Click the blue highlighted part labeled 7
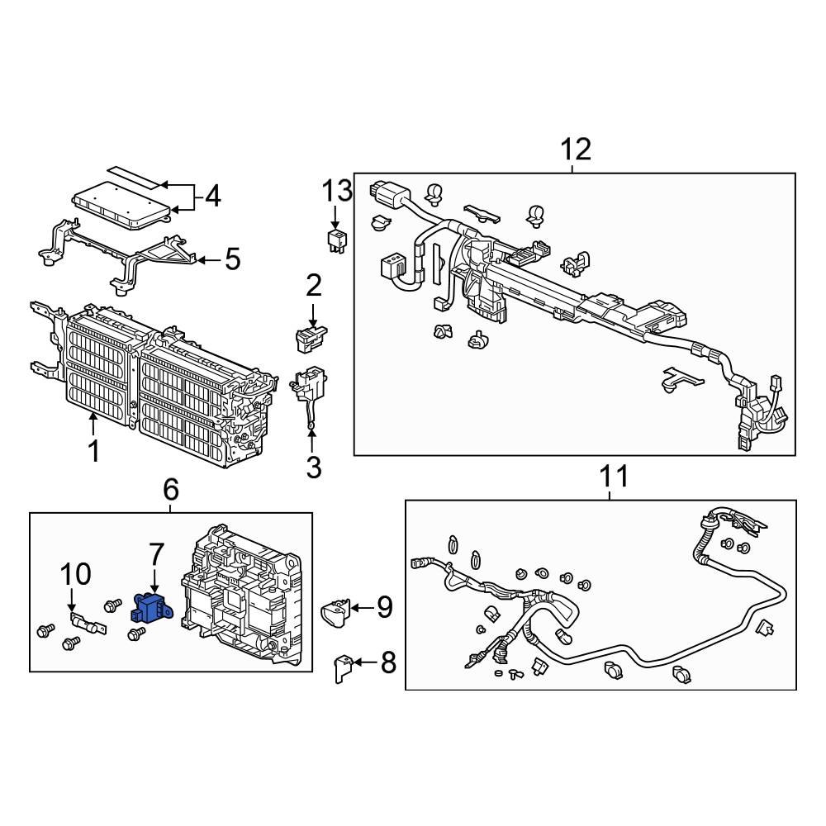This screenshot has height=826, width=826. [x=150, y=610]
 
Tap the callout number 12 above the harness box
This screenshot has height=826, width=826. [x=576, y=150]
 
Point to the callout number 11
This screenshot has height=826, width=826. [x=613, y=477]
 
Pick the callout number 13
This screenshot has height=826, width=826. [x=337, y=192]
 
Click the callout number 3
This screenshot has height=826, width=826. [x=313, y=467]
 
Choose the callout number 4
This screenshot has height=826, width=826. [x=212, y=197]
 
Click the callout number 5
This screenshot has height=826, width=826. [x=232, y=260]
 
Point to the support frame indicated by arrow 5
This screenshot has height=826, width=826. [x=124, y=256]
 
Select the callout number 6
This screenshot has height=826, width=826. [x=170, y=490]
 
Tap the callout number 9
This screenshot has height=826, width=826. [x=384, y=608]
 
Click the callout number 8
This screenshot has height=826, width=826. [x=387, y=662]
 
